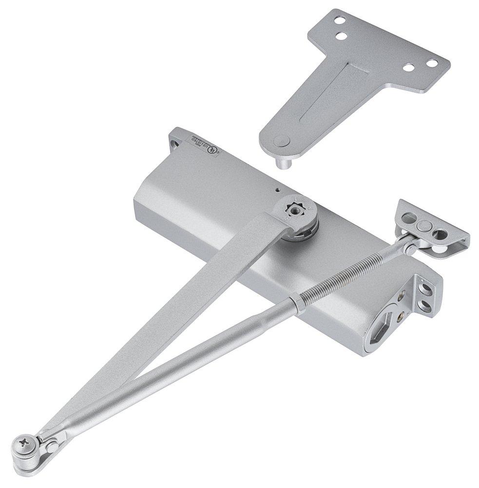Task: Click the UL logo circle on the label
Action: click(211, 152)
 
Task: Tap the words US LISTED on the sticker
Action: click(200, 146)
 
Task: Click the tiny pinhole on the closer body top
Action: click(277, 190)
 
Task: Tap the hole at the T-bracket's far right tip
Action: click(431, 62)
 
